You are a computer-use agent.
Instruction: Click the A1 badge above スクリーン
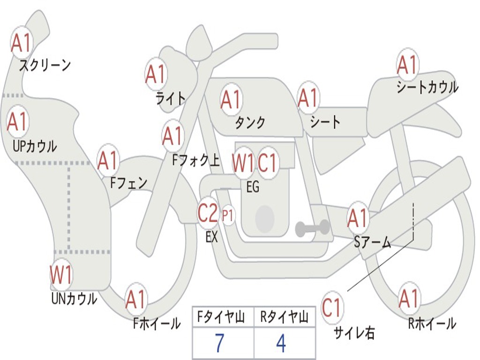pyautogui.click(x=22, y=43)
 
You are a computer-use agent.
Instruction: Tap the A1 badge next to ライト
pyautogui.click(x=156, y=74)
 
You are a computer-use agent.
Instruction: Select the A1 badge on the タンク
pyautogui.click(x=231, y=99)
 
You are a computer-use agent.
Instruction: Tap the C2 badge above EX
pyautogui.click(x=208, y=214)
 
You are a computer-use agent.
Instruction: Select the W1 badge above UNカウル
pyautogui.click(x=61, y=275)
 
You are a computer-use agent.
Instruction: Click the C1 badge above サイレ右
pyautogui.click(x=332, y=308)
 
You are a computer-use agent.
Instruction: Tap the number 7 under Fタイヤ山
pyautogui.click(x=219, y=343)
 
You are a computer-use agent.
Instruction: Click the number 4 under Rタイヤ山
pyautogui.click(x=281, y=343)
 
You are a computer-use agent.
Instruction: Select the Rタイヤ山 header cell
pyautogui.click(x=284, y=318)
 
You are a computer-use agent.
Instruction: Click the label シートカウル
pyautogui.click(x=427, y=87)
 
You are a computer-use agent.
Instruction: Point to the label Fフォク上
pyautogui.click(x=195, y=161)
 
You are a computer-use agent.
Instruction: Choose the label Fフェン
pyautogui.click(x=128, y=182)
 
